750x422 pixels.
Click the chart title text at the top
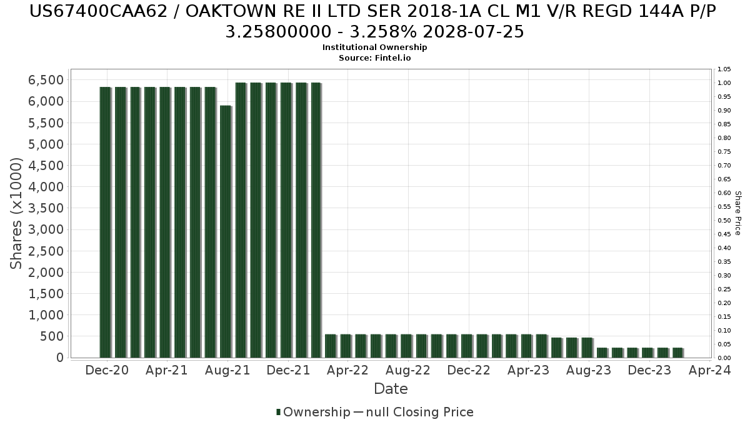[x=374, y=21]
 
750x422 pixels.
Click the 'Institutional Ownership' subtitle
[x=374, y=48]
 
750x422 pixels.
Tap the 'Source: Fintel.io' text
[x=374, y=58]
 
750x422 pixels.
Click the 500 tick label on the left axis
[x=52, y=336]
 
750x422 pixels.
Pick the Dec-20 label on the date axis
[x=107, y=370]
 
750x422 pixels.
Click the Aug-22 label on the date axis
[x=408, y=370]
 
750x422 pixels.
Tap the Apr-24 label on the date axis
[x=710, y=370]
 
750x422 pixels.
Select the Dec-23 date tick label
[x=649, y=370]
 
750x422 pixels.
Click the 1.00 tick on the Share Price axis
[x=724, y=83]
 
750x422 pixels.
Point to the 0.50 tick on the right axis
[x=724, y=221]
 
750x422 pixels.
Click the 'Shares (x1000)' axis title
[x=17, y=213]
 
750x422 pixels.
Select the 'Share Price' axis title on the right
[x=737, y=213]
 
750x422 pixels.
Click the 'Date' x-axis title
[x=391, y=389]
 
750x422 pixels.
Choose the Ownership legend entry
[x=313, y=412]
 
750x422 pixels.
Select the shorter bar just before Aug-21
[x=226, y=231]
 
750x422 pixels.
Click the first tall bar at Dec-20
[x=105, y=222]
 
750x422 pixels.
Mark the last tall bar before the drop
[x=316, y=219]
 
